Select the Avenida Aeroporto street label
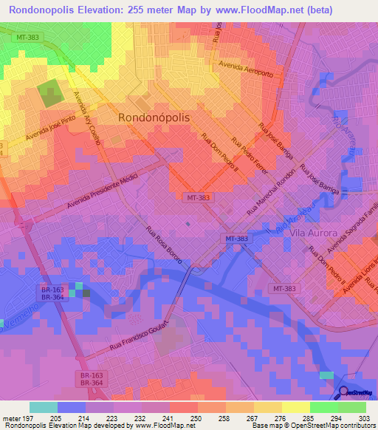[x=251, y=70]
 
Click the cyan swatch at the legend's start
[x=43, y=407]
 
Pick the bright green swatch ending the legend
[x=352, y=407]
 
